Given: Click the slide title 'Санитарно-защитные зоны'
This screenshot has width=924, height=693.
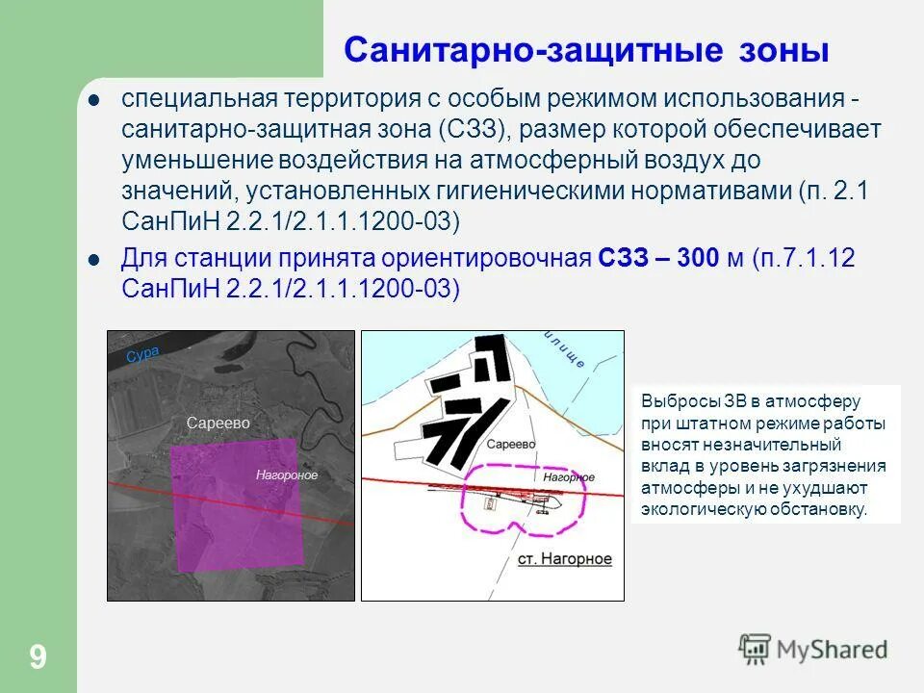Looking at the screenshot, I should pyautogui.click(x=586, y=50).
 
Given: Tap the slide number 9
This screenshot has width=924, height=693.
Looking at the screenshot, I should pyautogui.click(x=38, y=658).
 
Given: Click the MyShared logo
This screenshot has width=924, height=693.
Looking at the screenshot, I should pyautogui.click(x=813, y=649).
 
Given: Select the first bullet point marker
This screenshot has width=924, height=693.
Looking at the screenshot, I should pyautogui.click(x=94, y=100).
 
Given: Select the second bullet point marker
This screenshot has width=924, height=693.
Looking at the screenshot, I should pyautogui.click(x=94, y=259).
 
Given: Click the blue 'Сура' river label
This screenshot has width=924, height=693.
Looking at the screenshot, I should pyautogui.click(x=141, y=354).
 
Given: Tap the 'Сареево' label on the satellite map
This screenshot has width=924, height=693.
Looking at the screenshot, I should pyautogui.click(x=218, y=423).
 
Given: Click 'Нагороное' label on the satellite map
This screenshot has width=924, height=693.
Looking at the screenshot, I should pyautogui.click(x=286, y=475).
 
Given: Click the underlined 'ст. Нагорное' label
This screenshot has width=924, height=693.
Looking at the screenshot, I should pyautogui.click(x=563, y=559).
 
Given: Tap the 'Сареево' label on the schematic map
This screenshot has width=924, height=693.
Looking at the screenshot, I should pyautogui.click(x=510, y=445).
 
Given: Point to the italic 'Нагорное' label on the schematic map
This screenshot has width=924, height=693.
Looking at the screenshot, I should pyautogui.click(x=568, y=476).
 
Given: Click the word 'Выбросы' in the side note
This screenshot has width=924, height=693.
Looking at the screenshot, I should pyautogui.click(x=673, y=401).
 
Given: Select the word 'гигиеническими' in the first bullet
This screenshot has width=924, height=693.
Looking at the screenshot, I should pyautogui.click(x=533, y=192).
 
